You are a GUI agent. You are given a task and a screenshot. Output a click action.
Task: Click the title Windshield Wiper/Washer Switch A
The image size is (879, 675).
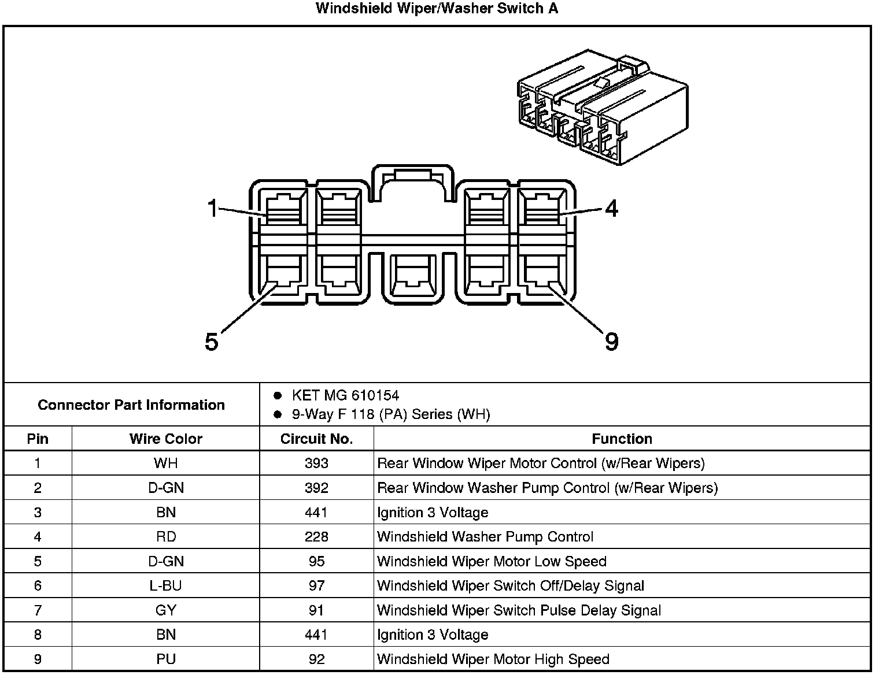[x=437, y=9]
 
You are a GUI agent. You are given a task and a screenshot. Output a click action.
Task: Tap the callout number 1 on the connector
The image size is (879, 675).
[x=213, y=208]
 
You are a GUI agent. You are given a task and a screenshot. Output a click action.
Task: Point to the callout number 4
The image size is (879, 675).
[x=611, y=208]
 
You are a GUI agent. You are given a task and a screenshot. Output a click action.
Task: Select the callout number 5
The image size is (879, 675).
[x=212, y=342]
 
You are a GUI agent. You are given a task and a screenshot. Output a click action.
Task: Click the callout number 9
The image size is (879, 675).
[x=611, y=341]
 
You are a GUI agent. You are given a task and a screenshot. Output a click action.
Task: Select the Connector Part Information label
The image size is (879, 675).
[x=131, y=405]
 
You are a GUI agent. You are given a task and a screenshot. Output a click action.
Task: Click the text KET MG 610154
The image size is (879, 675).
[x=345, y=395]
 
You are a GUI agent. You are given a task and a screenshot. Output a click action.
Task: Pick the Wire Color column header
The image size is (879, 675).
[x=166, y=439]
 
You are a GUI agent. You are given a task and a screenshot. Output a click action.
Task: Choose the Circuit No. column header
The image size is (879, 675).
[x=316, y=439]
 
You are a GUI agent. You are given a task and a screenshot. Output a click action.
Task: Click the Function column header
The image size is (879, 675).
[x=622, y=439]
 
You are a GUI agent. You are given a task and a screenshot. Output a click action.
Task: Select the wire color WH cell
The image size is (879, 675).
[x=166, y=463]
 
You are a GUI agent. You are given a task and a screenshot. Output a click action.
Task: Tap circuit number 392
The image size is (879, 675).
[x=316, y=488]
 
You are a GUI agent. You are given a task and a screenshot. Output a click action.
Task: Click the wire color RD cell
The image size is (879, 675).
[x=166, y=537]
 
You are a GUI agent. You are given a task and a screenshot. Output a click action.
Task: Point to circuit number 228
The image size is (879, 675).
[x=316, y=537]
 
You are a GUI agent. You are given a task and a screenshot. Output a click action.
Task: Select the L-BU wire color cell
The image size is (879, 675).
[x=166, y=586]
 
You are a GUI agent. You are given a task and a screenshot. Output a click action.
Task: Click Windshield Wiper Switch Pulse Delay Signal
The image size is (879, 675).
[x=519, y=610]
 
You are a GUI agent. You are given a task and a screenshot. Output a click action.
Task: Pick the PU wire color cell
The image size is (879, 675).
[x=166, y=659]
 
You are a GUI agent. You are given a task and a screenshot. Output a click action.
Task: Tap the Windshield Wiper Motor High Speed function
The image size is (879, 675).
[x=493, y=659]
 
